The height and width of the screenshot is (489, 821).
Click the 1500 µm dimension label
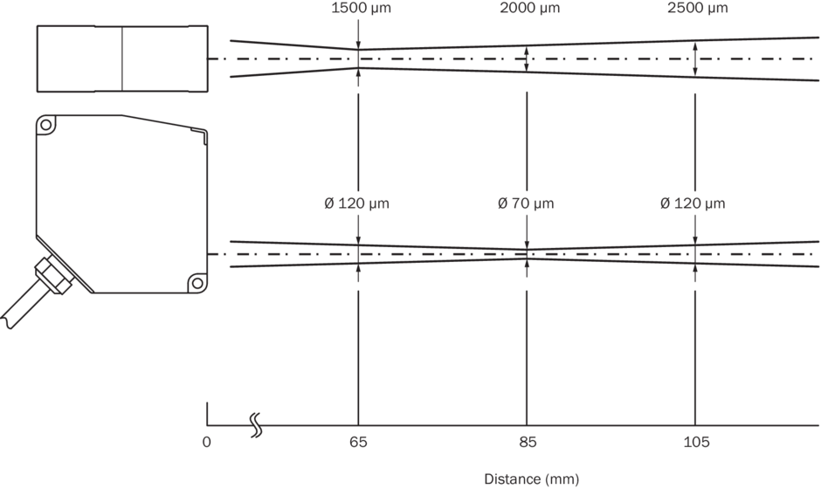click(361, 8)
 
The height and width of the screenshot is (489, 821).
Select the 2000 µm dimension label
click(530, 8)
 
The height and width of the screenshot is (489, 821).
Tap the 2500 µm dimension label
click(698, 8)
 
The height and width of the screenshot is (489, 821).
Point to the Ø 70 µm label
click(526, 203)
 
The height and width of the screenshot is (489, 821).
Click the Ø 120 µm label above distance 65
click(356, 203)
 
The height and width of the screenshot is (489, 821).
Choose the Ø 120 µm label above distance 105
click(693, 203)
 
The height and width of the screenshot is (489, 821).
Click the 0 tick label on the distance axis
click(207, 443)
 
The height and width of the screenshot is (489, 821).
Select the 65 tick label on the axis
click(359, 443)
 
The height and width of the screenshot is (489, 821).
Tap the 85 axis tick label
click(528, 443)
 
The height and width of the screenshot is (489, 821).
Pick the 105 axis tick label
click(696, 443)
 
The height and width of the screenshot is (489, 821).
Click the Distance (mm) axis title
click(531, 479)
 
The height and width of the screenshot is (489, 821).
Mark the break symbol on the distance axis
click(256, 424)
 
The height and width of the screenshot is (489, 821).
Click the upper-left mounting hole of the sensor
click(46, 125)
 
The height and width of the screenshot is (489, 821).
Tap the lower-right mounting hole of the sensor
click(197, 283)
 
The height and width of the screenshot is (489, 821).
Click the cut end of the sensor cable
click(7, 321)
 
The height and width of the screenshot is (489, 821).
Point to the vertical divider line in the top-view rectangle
click(122, 59)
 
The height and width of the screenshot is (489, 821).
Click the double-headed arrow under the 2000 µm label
click(527, 59)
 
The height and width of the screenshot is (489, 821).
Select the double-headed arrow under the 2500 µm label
click(695, 59)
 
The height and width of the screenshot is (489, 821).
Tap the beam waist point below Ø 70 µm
click(527, 254)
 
